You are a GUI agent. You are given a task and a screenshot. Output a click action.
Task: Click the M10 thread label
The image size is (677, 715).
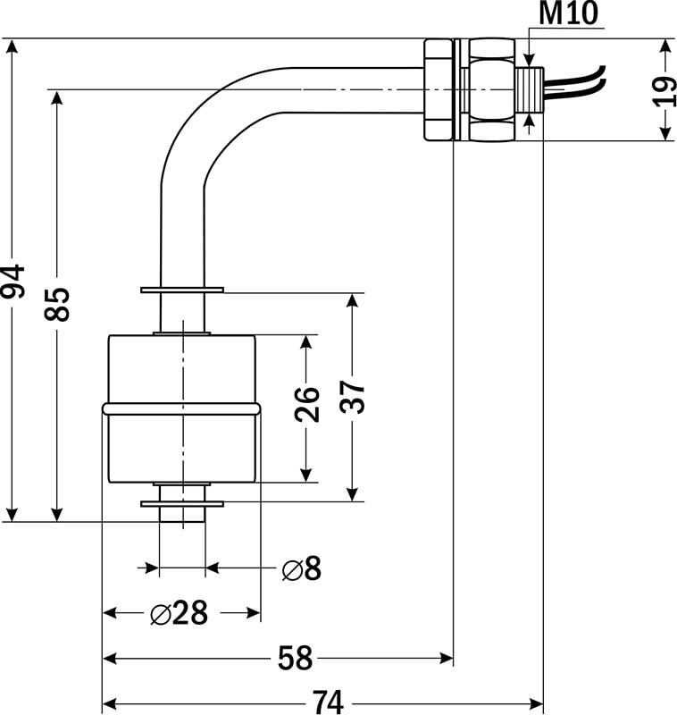point(569,14)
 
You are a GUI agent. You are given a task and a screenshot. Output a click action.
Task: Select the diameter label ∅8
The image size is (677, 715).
point(301,568)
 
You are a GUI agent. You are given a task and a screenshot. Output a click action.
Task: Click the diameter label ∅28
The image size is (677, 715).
point(180,613)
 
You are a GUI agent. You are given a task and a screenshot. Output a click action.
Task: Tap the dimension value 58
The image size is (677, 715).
point(295,660)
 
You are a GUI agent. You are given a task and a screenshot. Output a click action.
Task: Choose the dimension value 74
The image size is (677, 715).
point(327,703)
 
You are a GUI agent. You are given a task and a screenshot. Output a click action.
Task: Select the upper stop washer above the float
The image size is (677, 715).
point(182,290)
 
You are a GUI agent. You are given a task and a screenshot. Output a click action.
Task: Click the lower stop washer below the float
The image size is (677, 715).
point(182,503)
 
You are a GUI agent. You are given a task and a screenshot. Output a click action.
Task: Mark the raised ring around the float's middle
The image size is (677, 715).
point(182,409)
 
